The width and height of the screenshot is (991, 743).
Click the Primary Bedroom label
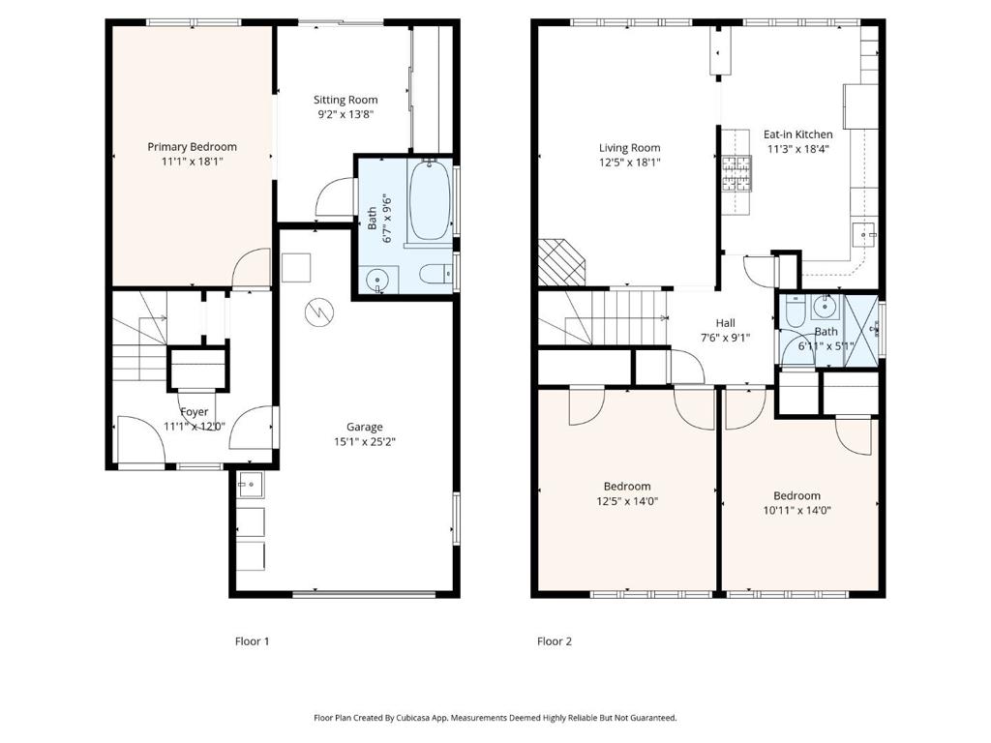(x=193, y=147)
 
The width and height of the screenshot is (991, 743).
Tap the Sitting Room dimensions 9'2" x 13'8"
(x=345, y=114)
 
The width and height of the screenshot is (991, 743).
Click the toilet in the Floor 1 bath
(x=435, y=274)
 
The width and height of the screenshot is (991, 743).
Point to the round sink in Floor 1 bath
(x=378, y=279)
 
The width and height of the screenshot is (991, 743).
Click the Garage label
(x=365, y=427)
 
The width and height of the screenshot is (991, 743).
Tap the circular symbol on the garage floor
(x=317, y=312)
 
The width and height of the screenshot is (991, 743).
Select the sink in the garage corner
(x=251, y=485)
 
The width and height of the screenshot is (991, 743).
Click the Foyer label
(x=194, y=412)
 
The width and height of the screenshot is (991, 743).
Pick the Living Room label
(x=629, y=148)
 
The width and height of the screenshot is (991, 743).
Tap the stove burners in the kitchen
(x=736, y=174)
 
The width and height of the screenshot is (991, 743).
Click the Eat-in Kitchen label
(x=797, y=134)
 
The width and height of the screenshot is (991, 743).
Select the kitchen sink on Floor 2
(x=865, y=235)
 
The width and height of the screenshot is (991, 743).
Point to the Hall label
(x=726, y=323)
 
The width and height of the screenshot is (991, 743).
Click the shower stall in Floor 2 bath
(x=861, y=331)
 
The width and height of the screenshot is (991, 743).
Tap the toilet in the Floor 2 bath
(x=794, y=311)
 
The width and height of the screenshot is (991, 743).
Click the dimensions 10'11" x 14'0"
(x=797, y=511)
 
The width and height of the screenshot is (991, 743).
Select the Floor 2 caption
(x=555, y=641)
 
